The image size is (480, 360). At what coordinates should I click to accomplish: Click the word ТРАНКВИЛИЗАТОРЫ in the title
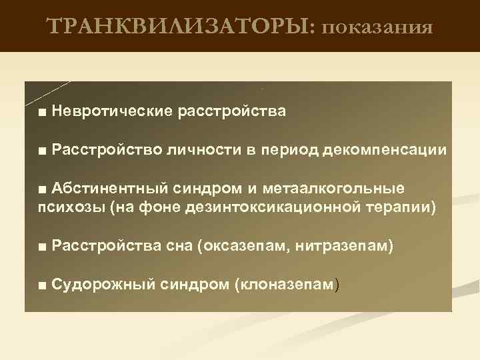point(183,27)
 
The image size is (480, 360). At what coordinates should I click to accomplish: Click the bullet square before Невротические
point(43,111)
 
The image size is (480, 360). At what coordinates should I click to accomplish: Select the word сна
point(178,247)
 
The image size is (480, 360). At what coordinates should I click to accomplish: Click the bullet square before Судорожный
point(43,286)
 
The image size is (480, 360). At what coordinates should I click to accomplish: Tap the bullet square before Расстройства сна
point(43,248)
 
